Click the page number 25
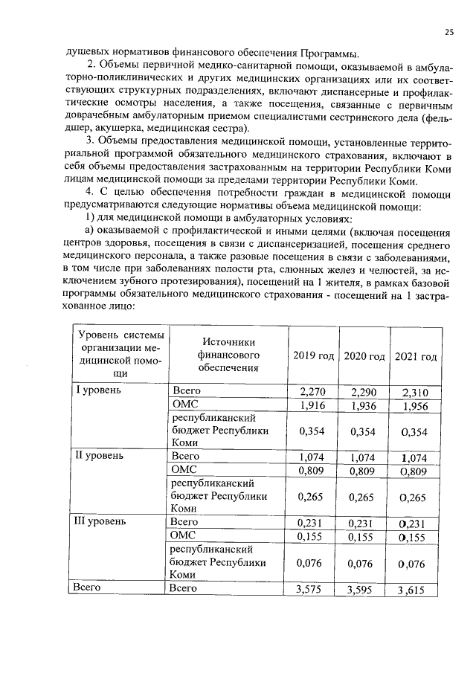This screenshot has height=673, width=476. pyautogui.click(x=448, y=31)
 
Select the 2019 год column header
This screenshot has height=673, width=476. pyautogui.click(x=313, y=356)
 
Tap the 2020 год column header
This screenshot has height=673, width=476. pyautogui.click(x=364, y=356)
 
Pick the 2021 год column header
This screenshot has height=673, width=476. pyautogui.click(x=415, y=356)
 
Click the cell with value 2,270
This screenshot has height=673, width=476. pyautogui.click(x=313, y=391)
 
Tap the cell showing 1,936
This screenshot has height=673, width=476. pyautogui.click(x=364, y=405)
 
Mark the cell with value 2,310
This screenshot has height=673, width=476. pyautogui.click(x=415, y=391)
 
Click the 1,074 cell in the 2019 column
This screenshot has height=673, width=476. pyautogui.click(x=313, y=456)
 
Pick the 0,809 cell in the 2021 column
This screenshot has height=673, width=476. pyautogui.click(x=415, y=470)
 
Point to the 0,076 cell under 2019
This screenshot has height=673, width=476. pyautogui.click(x=313, y=563)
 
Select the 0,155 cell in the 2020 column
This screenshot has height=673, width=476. pyautogui.click(x=364, y=535)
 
